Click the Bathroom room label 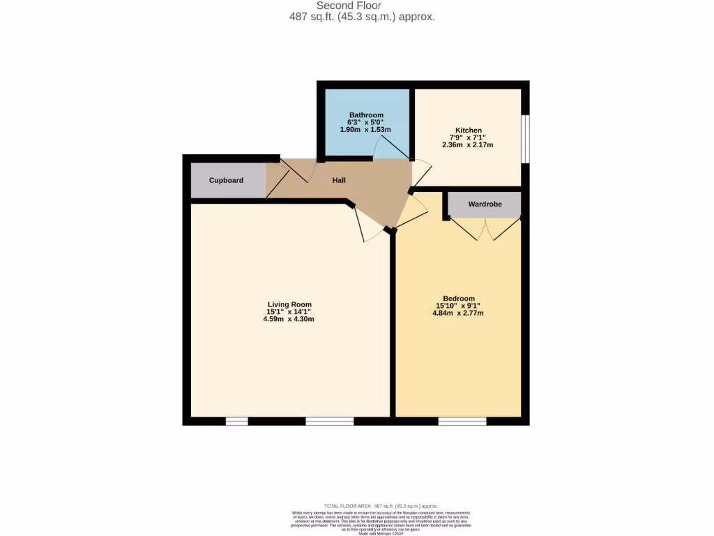click(x=366, y=115)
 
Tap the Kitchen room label click(x=469, y=131)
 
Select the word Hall click(x=339, y=181)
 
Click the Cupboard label click(x=227, y=181)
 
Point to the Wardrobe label click(x=485, y=204)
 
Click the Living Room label click(x=289, y=304)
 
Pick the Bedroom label click(x=458, y=299)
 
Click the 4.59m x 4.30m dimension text click(x=289, y=320)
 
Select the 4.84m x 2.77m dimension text click(x=458, y=313)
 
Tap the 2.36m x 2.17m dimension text click(x=467, y=145)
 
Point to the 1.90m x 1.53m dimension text click(x=365, y=130)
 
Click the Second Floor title click(x=358, y=6)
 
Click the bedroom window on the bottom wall click(x=462, y=421)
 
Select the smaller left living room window click(x=236, y=421)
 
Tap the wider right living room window click(x=329, y=421)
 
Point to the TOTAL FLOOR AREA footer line click(x=381, y=506)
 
